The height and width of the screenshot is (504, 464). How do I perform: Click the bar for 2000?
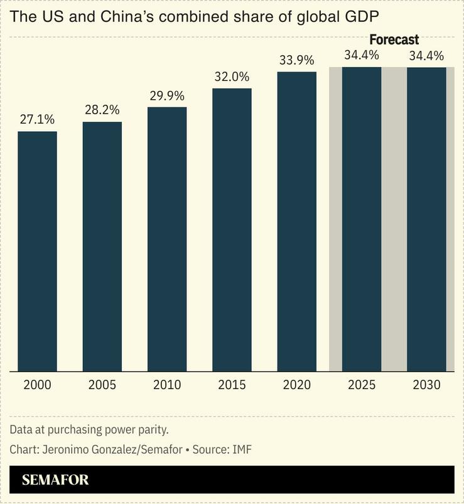tap(37, 251)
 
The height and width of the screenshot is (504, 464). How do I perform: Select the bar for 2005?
tap(102, 246)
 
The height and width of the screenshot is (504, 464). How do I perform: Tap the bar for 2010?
tap(167, 239)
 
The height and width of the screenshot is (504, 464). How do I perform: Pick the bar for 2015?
tap(232, 230)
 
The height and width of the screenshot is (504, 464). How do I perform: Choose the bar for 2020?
tap(297, 222)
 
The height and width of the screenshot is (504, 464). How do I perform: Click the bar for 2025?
tap(362, 219)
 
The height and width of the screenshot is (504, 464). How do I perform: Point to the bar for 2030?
tap(426, 219)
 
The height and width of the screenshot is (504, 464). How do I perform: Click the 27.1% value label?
tap(37, 119)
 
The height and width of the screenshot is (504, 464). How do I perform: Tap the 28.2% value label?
tap(102, 110)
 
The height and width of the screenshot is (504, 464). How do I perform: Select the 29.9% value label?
tap(167, 95)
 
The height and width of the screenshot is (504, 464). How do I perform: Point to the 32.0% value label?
tap(232, 77)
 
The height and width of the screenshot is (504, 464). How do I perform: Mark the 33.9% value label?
tap(297, 60)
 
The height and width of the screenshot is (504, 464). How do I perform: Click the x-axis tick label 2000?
tap(37, 385)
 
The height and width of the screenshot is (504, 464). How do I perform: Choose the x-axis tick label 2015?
tap(232, 385)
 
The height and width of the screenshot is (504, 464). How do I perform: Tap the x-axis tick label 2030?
tap(426, 385)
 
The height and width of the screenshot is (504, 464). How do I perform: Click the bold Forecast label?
tap(394, 40)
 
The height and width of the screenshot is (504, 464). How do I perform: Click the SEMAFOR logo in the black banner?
tap(55, 481)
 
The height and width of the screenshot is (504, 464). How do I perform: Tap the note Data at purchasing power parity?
tap(89, 430)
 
